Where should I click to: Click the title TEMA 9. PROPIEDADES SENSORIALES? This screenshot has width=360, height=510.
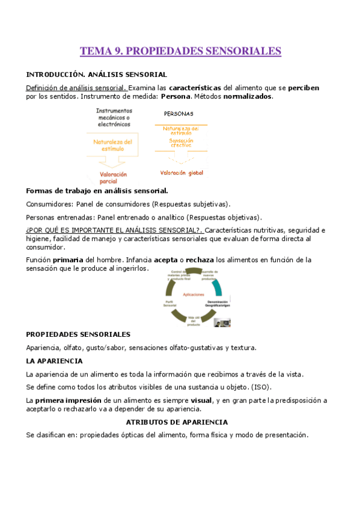180,51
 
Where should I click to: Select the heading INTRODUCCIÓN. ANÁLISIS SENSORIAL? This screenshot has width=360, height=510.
96,75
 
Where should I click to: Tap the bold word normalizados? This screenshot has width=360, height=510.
248,96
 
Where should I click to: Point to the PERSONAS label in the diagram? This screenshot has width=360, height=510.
178,113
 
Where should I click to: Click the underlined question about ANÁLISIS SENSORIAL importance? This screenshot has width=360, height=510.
114,230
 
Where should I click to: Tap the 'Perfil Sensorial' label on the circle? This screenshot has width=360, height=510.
170,303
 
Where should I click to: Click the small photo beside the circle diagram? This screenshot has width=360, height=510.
224,322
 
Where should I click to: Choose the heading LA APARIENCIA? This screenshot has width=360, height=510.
55,361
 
